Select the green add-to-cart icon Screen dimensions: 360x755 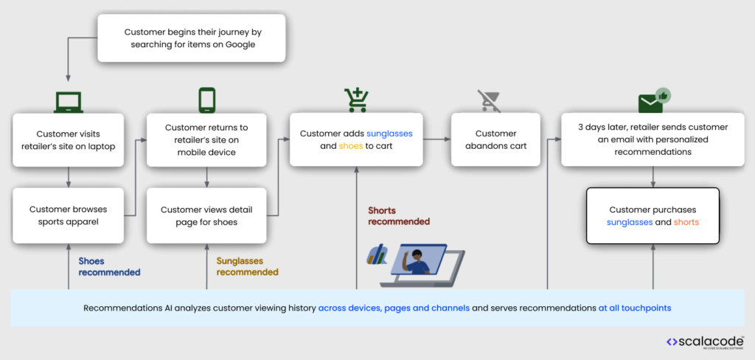(x=356, y=99)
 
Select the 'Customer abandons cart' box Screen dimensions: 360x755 (x=495, y=139)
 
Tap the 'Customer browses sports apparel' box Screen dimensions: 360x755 (x=69, y=215)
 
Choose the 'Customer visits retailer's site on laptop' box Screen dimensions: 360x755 (x=69, y=139)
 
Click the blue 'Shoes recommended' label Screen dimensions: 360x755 (x=109, y=266)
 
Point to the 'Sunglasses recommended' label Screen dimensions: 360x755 (x=247, y=266)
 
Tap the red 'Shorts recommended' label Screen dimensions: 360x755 (x=398, y=216)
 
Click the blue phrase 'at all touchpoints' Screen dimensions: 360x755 (x=634, y=308)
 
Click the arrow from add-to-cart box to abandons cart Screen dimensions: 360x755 (x=436, y=139)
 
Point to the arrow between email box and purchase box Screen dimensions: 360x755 (x=653, y=176)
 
